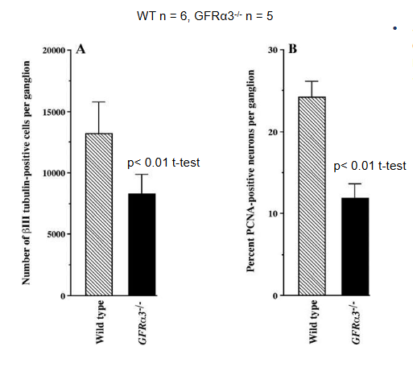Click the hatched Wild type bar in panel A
tap(99, 214)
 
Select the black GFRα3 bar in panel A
tap(142, 245)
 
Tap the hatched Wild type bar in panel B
tap(312, 196)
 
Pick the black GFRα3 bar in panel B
tap(355, 246)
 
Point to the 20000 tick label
tap(54, 51)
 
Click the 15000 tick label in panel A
tap(54, 112)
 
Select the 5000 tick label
tap(56, 234)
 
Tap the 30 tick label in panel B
tap(273, 50)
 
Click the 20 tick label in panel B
tap(273, 132)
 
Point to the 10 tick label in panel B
tap(273, 214)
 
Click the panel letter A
tap(81, 49)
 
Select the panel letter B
tap(292, 49)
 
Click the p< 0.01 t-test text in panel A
tap(163, 163)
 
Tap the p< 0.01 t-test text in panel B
tap(370, 166)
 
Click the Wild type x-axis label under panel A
tap(100, 322)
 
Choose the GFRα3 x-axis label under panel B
tap(355, 323)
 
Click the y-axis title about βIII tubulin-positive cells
tap(26, 173)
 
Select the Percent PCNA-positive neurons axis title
tap(250, 171)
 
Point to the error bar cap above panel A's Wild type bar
tap(99, 102)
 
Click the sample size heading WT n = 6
tap(161, 16)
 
